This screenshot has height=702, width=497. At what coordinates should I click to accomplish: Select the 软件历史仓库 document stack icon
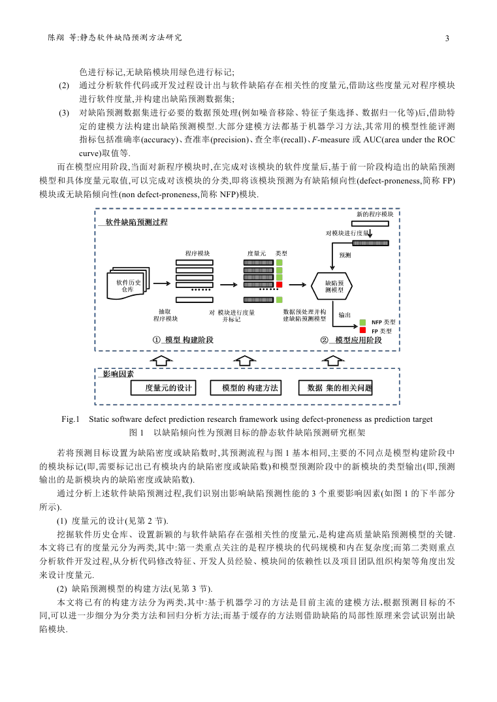point(128,283)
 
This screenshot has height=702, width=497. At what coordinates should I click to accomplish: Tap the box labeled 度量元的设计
point(163,388)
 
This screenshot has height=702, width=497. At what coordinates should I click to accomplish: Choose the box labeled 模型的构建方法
point(246,388)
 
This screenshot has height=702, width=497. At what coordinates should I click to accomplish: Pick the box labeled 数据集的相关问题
point(336,388)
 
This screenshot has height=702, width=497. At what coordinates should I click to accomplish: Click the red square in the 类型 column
point(280,285)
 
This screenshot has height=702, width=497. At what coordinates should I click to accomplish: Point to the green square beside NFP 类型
point(362,323)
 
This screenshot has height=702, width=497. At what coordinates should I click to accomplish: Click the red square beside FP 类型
point(362,330)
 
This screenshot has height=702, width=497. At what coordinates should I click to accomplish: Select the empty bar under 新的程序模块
point(370,223)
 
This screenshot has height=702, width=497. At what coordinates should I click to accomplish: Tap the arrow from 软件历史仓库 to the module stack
point(161,283)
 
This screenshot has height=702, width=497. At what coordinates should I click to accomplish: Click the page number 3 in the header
point(447,39)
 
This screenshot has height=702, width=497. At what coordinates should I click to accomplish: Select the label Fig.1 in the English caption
point(71,419)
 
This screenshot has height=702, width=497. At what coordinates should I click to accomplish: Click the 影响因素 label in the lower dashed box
point(118,374)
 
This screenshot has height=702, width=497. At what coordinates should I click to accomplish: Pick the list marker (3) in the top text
point(64,112)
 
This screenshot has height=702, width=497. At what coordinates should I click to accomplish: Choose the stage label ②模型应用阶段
point(351,340)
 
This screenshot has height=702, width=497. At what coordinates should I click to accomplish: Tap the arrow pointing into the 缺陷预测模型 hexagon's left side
point(298,285)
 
